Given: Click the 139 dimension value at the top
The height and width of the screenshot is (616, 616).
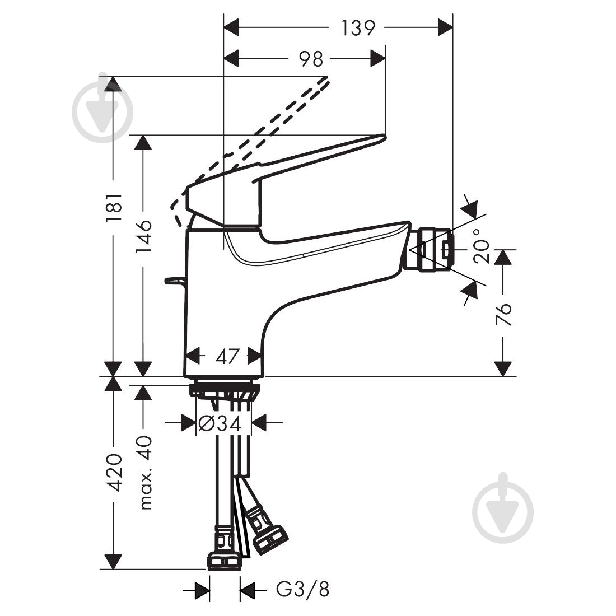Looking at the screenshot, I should [358, 27].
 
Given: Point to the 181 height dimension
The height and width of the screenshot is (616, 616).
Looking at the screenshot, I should [114, 208].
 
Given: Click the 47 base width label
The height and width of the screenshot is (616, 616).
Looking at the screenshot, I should [227, 356].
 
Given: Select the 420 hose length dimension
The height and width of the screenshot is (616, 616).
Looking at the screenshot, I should [114, 472].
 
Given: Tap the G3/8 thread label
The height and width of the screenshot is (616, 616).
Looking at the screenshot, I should [302, 590].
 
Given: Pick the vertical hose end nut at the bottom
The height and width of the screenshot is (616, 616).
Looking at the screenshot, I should [224, 560].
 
